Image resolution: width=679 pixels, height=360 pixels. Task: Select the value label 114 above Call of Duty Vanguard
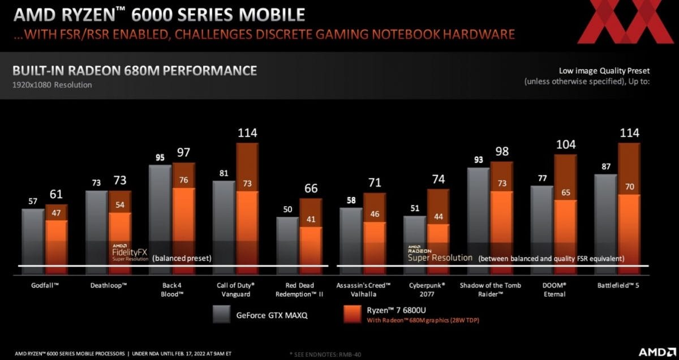pyautogui.click(x=247, y=134)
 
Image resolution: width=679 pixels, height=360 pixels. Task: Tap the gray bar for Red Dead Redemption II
pyautogui.click(x=287, y=241)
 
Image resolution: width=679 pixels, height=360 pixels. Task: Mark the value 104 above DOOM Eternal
pyautogui.click(x=566, y=144)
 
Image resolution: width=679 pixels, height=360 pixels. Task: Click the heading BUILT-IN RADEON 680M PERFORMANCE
pyautogui.click(x=135, y=71)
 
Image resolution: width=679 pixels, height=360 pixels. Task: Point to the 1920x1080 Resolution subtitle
pyautogui.click(x=52, y=85)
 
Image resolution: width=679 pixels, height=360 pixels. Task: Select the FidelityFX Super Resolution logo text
pyautogui.click(x=131, y=253)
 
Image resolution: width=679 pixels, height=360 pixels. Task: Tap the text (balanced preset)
pyautogui.click(x=182, y=258)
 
